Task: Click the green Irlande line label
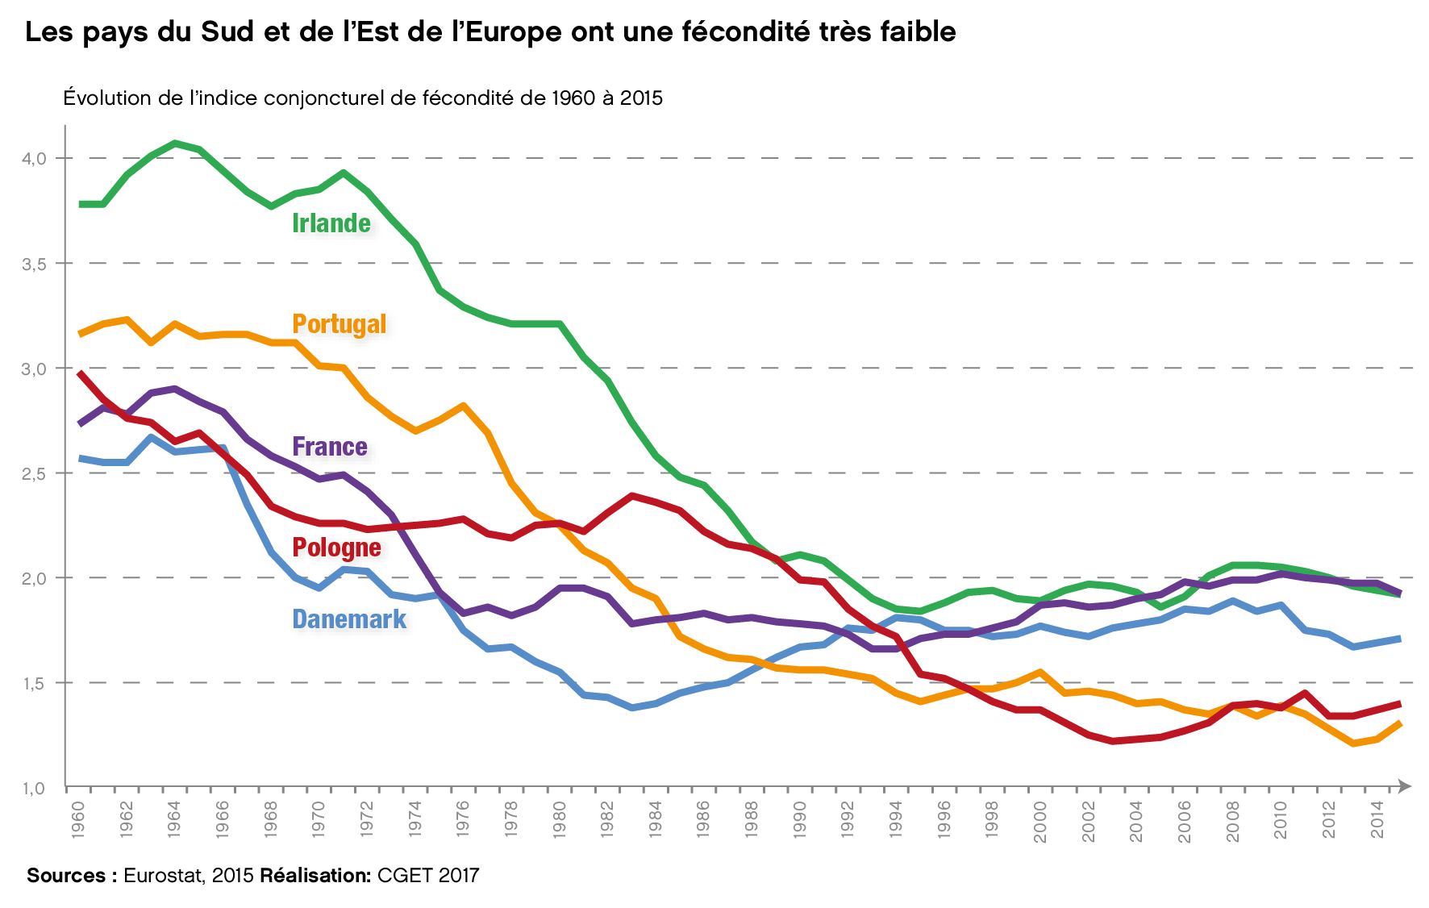tap(331, 223)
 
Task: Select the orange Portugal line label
tap(340, 324)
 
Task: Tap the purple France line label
tap(330, 447)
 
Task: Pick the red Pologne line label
tap(336, 548)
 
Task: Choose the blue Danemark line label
tap(349, 619)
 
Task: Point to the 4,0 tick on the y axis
tap(34, 159)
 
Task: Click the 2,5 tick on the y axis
tap(34, 473)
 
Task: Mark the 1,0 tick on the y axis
tap(34, 789)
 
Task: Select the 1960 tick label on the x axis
tap(78, 820)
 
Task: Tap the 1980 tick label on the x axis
tap(560, 820)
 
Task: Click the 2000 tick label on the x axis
tap(1040, 822)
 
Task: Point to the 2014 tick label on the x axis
tap(1378, 820)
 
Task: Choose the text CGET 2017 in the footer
tap(428, 876)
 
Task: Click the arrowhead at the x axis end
tap(1404, 785)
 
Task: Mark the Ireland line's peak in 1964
tap(175, 144)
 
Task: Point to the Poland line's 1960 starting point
tap(80, 373)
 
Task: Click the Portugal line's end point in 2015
tap(1399, 724)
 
